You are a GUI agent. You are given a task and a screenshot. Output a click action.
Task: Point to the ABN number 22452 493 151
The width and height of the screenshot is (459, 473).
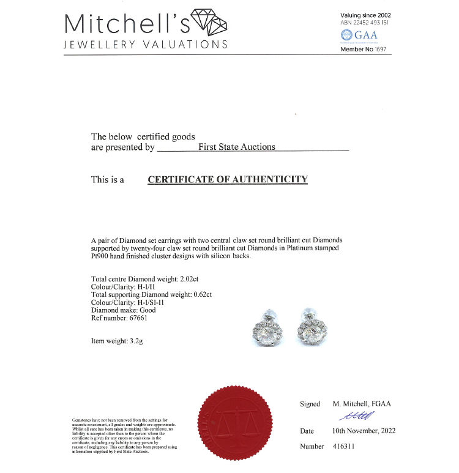pos(365,23)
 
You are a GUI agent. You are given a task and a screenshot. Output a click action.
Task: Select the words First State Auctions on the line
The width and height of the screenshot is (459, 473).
pos(237,147)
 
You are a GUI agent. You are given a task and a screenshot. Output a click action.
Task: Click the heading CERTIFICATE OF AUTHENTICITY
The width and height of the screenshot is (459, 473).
pos(228,179)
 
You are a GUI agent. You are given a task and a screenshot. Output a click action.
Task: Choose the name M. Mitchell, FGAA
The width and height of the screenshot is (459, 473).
pos(362,404)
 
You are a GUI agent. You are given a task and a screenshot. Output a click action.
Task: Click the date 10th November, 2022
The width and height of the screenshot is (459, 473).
pos(364,431)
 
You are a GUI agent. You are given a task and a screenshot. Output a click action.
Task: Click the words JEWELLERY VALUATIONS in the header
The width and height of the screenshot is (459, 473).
pos(146,44)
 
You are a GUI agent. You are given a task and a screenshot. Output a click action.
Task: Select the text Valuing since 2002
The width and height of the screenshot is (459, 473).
pos(365,15)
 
